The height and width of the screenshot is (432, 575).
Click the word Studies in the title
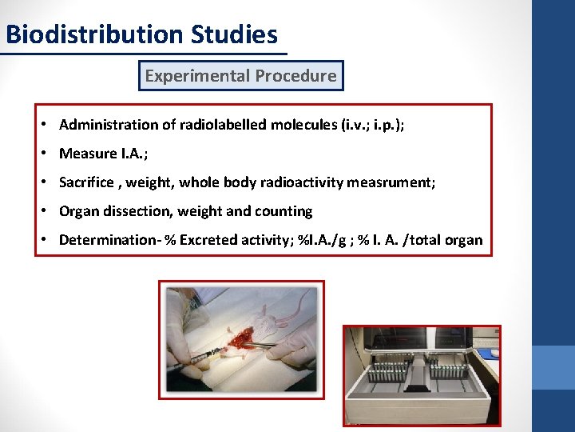pyautogui.click(x=235, y=35)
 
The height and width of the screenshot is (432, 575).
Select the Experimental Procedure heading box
pyautogui.click(x=240, y=76)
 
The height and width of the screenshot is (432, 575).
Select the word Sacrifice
pyautogui.click(x=86, y=182)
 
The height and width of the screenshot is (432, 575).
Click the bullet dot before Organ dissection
pyautogui.click(x=46, y=211)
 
